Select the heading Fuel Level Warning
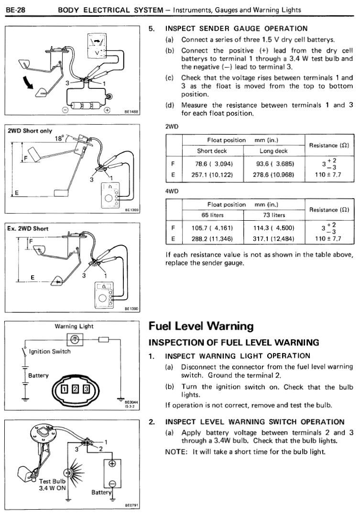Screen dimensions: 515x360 coord(201,326)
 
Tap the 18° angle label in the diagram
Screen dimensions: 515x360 coord(59,139)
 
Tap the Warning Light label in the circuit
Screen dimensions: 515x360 coord(74,326)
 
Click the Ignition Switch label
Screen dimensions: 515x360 coord(50,351)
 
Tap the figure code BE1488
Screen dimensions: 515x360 coord(131,112)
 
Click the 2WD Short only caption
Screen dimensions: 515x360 coord(29,130)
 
